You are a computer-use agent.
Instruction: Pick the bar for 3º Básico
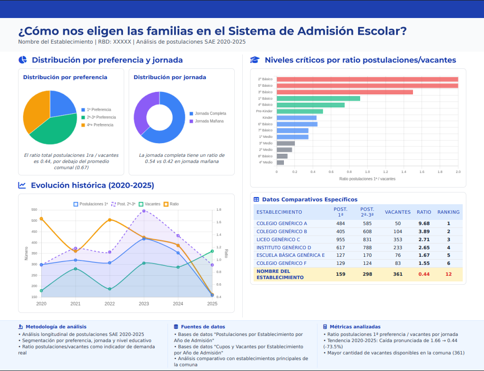pyautogui.click(x=344, y=92)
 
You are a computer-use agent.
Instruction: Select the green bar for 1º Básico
pyautogui.click(x=318, y=99)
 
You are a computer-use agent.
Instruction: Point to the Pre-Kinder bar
pyautogui.click(x=299, y=111)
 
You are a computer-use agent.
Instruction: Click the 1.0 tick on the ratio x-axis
pyautogui.click(x=367, y=172)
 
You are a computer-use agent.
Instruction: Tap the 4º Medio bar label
pyautogui.click(x=265, y=163)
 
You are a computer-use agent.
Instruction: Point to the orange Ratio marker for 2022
pyautogui.click(x=110, y=220)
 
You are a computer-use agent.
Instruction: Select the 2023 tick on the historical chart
pyautogui.click(x=144, y=304)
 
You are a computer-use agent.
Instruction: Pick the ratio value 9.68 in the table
pyautogui.click(x=424, y=223)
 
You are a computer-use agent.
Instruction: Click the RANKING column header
pyautogui.click(x=448, y=212)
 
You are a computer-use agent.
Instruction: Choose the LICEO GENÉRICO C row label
pyautogui.click(x=278, y=239)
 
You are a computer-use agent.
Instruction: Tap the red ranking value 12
pyautogui.click(x=448, y=274)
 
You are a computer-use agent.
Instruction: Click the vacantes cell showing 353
pyautogui.click(x=397, y=239)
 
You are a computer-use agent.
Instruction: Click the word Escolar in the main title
pyautogui.click(x=380, y=31)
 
